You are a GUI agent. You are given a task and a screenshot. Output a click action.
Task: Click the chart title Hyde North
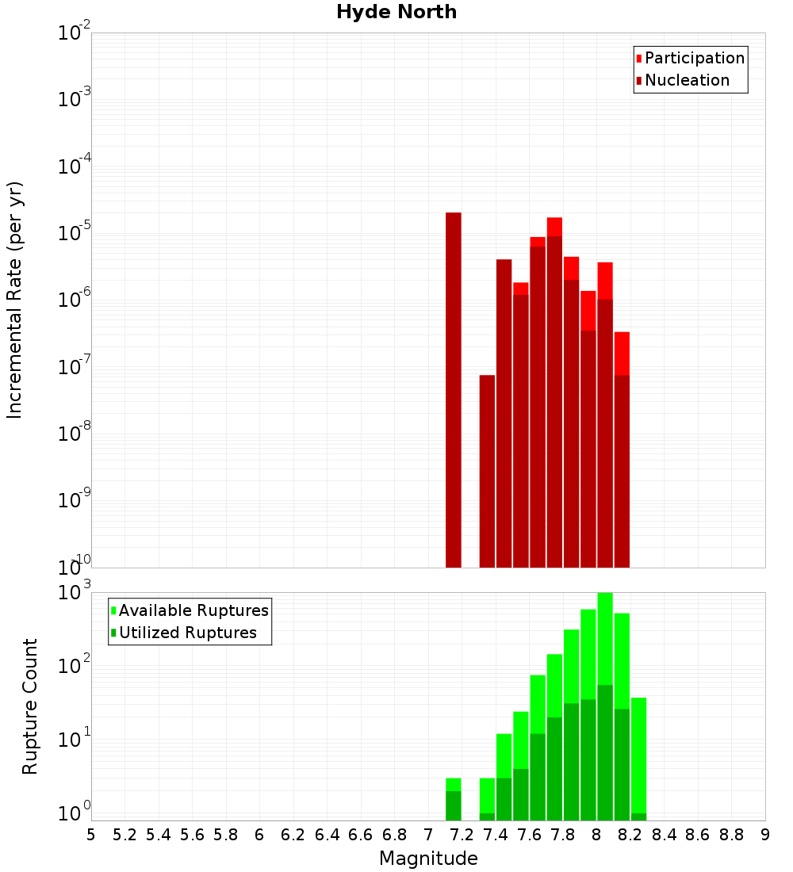click(x=396, y=12)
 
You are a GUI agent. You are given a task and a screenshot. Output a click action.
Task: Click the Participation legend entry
click(x=694, y=58)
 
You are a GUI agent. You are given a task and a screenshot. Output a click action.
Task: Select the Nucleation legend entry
click(x=686, y=80)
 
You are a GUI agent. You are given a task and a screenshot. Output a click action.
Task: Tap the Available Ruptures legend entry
click(x=193, y=610)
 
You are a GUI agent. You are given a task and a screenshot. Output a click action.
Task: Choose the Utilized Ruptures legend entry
click(x=187, y=633)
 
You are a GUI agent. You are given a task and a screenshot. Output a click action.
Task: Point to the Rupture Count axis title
click(x=30, y=706)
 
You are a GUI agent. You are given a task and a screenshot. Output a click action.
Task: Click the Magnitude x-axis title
click(x=428, y=859)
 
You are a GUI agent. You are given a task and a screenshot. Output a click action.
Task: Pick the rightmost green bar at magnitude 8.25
click(x=639, y=753)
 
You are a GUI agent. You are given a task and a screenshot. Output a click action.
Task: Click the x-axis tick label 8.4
click(x=664, y=834)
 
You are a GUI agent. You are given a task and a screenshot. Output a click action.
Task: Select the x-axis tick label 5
click(x=91, y=834)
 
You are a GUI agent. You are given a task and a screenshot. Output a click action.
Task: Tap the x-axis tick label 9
click(x=765, y=834)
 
